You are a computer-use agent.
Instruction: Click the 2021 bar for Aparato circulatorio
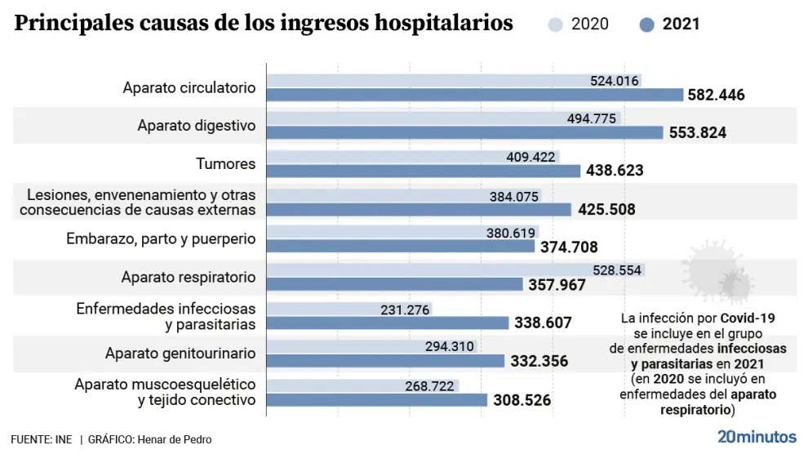point(473,95)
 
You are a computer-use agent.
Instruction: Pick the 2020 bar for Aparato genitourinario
point(343,346)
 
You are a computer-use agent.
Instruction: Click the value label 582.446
point(716,95)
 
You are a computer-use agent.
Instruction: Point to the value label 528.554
point(617,270)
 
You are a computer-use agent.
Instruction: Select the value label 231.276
point(405,309)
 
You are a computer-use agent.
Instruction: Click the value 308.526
point(522,400)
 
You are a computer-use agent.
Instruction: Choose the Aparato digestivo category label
point(196,126)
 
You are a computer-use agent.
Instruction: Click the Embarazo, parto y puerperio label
point(161,239)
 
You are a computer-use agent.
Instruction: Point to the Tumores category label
point(226,164)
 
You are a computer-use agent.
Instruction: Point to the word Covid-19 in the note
point(746,317)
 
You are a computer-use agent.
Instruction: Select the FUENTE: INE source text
point(41,440)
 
